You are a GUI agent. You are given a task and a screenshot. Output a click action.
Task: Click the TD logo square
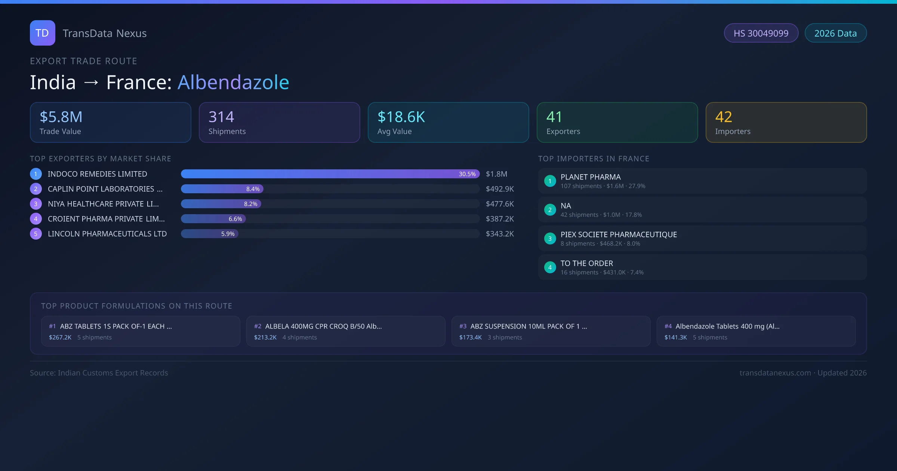[x=42, y=33]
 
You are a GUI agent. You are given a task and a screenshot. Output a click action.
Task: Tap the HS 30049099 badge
[x=761, y=33]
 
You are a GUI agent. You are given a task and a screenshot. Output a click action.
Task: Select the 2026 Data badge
[x=835, y=33]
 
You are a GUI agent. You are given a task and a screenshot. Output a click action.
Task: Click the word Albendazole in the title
[x=233, y=82]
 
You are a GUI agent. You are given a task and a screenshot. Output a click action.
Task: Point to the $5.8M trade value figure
[x=61, y=117]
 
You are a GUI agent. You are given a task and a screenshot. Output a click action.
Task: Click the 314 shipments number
[x=221, y=117]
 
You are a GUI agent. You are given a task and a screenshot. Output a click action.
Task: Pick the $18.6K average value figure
[x=401, y=117]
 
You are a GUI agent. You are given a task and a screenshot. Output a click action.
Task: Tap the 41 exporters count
[x=554, y=117]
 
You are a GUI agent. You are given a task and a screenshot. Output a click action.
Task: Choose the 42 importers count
[x=724, y=117]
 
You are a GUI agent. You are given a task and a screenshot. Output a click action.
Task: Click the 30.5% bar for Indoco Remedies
[x=330, y=174]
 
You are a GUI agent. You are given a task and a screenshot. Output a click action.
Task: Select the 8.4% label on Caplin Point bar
[x=253, y=189]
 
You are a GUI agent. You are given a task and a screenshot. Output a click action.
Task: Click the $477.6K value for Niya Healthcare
[x=500, y=204]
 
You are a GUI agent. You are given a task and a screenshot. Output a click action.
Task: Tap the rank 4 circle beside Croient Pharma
[x=36, y=219]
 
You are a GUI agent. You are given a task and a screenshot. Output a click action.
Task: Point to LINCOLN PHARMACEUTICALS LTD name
[x=107, y=234]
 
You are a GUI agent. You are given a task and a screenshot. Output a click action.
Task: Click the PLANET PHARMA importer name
[x=591, y=177]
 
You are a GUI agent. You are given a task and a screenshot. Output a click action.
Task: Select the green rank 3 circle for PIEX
[x=550, y=238]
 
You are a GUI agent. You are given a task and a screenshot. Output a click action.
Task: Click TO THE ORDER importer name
[x=587, y=264]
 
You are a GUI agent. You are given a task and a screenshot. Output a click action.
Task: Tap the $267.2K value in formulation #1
[x=60, y=338]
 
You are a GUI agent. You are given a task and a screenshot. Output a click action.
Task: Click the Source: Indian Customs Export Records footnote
[x=99, y=373]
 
